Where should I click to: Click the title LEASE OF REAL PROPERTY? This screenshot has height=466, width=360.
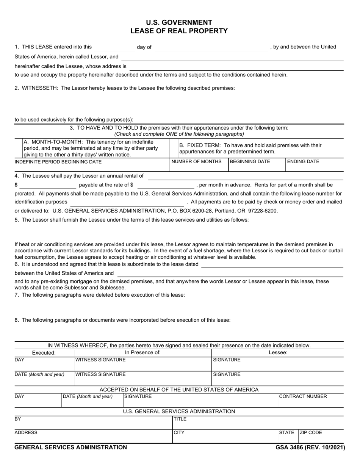pyautogui.click(x=179, y=31)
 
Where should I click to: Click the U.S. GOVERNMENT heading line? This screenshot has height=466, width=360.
pyautogui.click(x=179, y=22)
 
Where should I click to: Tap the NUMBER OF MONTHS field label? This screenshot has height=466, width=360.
pyautogui.click(x=197, y=162)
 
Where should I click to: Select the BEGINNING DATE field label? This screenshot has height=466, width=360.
pyautogui.click(x=250, y=162)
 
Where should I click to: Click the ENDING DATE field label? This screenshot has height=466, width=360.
pyautogui.click(x=303, y=162)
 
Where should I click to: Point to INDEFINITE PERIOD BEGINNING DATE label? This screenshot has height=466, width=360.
pyautogui.click(x=58, y=162)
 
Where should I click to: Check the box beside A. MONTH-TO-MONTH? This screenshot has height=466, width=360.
pyautogui.click(x=19, y=148)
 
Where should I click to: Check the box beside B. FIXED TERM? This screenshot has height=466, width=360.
pyautogui.click(x=174, y=148)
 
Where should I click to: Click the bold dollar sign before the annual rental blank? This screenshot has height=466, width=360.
pyautogui.click(x=16, y=185)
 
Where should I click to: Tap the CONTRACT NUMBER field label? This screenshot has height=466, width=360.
pyautogui.click(x=303, y=396)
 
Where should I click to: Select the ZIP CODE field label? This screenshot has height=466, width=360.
pyautogui.click(x=311, y=432)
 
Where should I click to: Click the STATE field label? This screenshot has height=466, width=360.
pyautogui.click(x=287, y=432)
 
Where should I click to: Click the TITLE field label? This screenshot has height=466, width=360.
pyautogui.click(x=180, y=419)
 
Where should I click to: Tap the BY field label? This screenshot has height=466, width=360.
pyautogui.click(x=18, y=419)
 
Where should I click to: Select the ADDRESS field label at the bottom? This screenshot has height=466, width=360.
pyautogui.click(x=26, y=432)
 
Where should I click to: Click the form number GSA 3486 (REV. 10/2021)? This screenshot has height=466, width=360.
pyautogui.click(x=310, y=447)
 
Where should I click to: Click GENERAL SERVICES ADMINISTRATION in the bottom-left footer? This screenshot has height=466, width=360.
pyautogui.click(x=71, y=447)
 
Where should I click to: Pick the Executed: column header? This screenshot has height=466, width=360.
pyautogui.click(x=44, y=352)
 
